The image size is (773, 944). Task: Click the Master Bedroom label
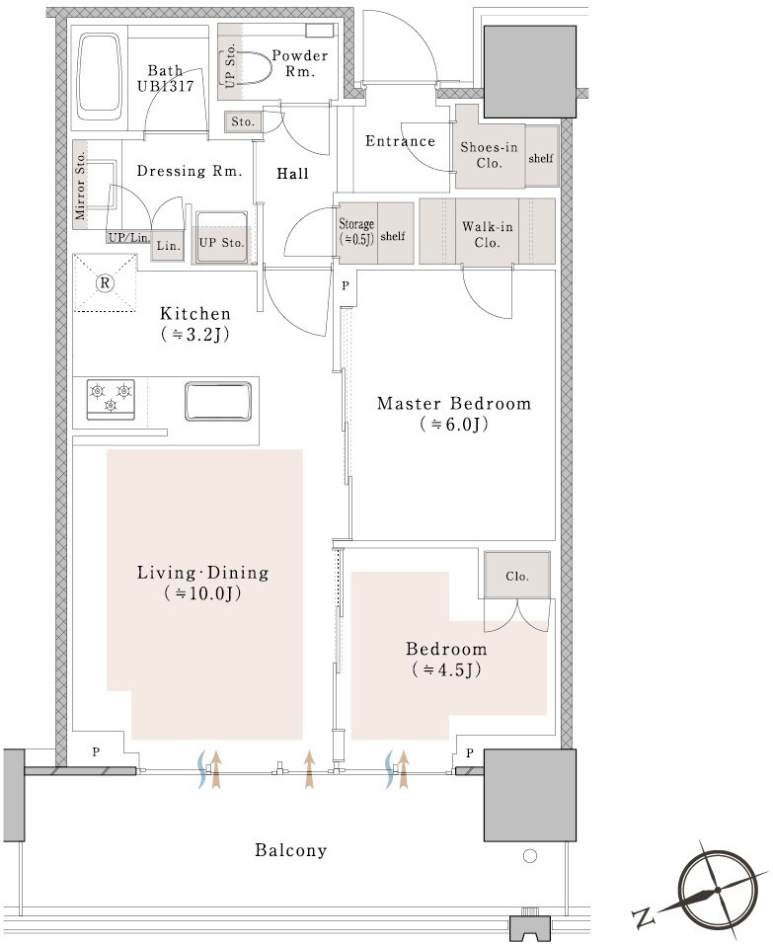pyautogui.click(x=454, y=413)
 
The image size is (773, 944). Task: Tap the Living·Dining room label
pyautogui.click(x=203, y=583)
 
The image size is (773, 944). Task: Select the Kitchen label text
pyautogui.click(x=195, y=323)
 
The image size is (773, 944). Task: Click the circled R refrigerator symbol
pyautogui.click(x=106, y=283)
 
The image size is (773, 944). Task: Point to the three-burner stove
pyautogui.click(x=111, y=399)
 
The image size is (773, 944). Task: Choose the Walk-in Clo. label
pyautogui.click(x=488, y=234)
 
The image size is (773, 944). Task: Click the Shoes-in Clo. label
pyautogui.click(x=489, y=155)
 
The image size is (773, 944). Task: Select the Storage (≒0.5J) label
pyautogui.click(x=356, y=231)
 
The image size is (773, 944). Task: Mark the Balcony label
pyautogui.click(x=291, y=850)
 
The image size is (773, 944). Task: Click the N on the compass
pyautogui.click(x=643, y=917)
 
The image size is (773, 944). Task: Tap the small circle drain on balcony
pyautogui.click(x=530, y=855)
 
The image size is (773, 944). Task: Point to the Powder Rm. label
pyautogui.click(x=300, y=62)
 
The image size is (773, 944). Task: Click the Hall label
pyautogui.click(x=292, y=174)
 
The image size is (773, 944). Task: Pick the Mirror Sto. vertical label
pyautogui.click(x=81, y=186)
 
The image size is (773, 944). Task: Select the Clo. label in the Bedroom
pyautogui.click(x=517, y=576)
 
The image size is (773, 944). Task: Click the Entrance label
pyautogui.click(x=401, y=141)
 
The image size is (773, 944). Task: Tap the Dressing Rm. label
pyautogui.click(x=189, y=171)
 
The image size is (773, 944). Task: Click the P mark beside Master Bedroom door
pyautogui.click(x=345, y=286)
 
